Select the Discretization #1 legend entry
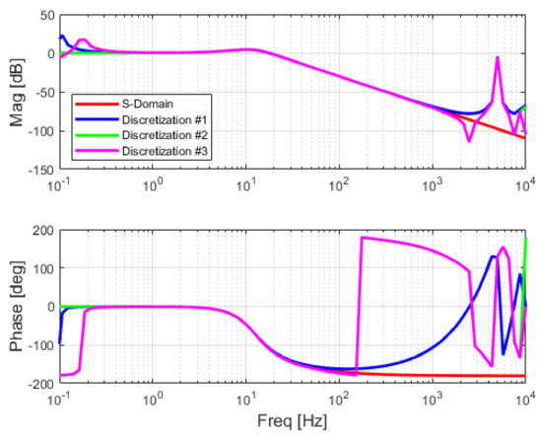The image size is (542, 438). click(158, 120)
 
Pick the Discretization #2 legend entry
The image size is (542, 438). click(158, 135)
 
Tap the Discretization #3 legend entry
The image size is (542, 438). click(158, 150)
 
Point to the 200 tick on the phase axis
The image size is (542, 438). click(41, 230)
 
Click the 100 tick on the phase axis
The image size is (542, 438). click(41, 268)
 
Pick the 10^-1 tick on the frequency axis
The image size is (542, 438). click(62, 397)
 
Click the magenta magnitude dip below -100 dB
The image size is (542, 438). click(469, 140)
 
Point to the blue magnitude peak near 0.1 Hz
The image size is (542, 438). click(63, 36)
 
